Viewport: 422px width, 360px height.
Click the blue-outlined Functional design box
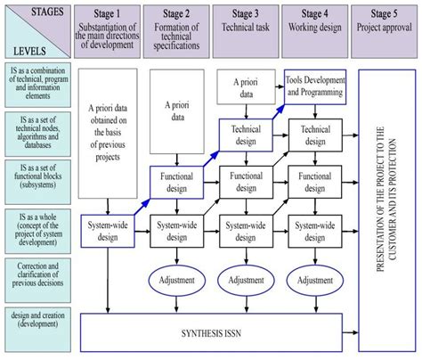point(176,183)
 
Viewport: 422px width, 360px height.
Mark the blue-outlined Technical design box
point(245,135)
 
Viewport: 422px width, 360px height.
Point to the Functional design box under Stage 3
point(245,183)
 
